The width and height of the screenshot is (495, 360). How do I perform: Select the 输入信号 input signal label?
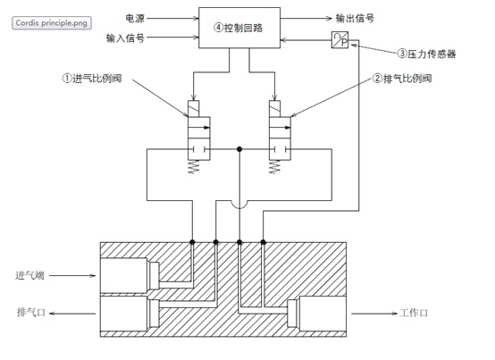[124, 38]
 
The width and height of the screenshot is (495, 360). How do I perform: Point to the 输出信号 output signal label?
[355, 17]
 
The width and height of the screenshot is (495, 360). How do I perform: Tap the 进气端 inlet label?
[32, 275]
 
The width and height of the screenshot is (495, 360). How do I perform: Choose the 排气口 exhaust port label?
[32, 312]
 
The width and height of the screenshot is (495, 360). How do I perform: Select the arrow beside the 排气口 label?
[77, 312]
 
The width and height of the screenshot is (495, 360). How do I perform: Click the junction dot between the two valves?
[239, 149]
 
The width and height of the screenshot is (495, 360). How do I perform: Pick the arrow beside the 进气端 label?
[77, 275]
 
